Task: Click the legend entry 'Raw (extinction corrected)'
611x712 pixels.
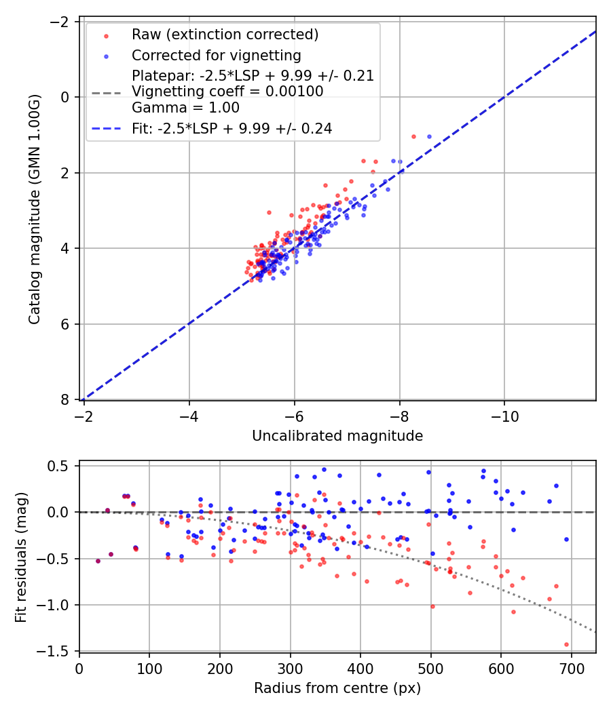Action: (x=225, y=35)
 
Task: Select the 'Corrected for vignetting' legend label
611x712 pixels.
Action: (x=216, y=55)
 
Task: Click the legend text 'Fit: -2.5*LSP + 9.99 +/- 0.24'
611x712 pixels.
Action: (x=232, y=128)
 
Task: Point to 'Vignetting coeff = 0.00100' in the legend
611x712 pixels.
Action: (x=227, y=92)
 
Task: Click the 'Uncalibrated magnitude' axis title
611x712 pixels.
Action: (x=337, y=436)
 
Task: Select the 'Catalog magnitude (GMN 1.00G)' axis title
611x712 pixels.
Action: (x=35, y=210)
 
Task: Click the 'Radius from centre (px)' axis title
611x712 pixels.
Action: (x=337, y=688)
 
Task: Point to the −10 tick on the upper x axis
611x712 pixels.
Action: (x=504, y=414)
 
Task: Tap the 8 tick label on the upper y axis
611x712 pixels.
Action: (x=66, y=399)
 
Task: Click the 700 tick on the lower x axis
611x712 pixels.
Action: (x=571, y=667)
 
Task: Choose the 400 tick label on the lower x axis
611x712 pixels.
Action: (x=360, y=667)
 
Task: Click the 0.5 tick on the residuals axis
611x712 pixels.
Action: (x=62, y=466)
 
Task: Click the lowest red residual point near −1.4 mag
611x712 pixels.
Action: (x=566, y=644)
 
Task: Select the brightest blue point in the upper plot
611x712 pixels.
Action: (x=429, y=136)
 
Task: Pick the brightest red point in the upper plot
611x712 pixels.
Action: (x=413, y=136)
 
